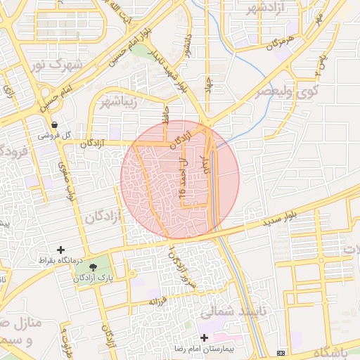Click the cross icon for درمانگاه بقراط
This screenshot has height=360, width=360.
coord(60,250)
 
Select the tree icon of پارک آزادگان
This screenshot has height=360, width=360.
coord(94,267)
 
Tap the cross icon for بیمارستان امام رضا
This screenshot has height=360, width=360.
coord(204,337)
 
